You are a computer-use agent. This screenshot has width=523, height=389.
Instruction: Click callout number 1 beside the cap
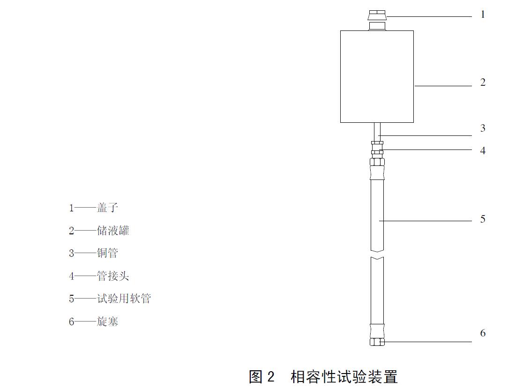click(483, 15)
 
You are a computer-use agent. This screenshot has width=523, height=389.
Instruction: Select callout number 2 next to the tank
click(483, 82)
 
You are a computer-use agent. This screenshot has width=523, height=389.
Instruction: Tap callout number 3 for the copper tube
click(483, 128)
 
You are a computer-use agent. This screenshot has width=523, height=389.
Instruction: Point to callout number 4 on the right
click(483, 150)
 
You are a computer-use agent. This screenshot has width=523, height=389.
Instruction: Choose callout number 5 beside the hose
click(483, 219)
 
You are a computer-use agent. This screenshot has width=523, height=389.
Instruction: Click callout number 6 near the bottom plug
click(483, 333)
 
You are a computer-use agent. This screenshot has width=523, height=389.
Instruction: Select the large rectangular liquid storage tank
click(377, 76)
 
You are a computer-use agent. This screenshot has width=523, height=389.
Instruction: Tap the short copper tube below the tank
click(377, 130)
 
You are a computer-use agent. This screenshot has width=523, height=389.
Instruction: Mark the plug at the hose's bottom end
click(377, 342)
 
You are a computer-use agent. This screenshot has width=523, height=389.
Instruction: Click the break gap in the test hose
click(377, 254)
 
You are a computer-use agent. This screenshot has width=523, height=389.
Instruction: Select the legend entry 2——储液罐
click(99, 230)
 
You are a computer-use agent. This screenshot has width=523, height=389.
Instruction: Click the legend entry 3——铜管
click(93, 253)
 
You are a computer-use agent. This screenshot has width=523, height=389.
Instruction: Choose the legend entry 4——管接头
click(99, 276)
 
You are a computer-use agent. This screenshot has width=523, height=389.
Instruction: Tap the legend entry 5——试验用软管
click(110, 299)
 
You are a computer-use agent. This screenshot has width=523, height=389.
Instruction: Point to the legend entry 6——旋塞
click(93, 322)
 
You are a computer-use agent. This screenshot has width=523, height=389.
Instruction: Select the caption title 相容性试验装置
click(344, 376)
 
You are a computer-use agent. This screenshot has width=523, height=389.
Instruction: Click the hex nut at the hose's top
click(377, 163)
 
